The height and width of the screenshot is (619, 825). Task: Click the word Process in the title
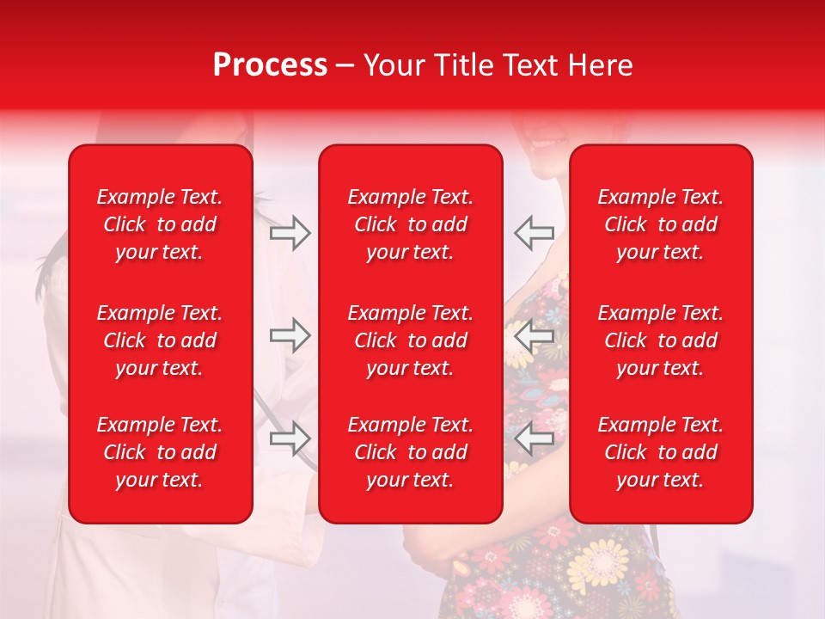coord(270,65)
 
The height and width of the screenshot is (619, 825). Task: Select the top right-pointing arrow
coord(290,233)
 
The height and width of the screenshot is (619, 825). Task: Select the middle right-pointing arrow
coord(290,335)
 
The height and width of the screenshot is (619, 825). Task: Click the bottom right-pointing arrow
coord(290,438)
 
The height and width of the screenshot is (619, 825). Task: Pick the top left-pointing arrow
coord(534,233)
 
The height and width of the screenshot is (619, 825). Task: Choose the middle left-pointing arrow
coord(534,335)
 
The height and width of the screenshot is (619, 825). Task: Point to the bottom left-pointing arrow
coord(534,438)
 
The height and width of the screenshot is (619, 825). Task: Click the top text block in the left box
coord(160,224)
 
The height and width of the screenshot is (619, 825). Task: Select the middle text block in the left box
coord(160,340)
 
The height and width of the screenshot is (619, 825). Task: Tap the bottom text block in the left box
coord(160,452)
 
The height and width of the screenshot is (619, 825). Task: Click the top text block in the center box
coord(410,224)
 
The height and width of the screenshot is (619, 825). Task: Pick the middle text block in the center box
coord(410,340)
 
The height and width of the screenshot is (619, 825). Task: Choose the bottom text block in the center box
coord(410,452)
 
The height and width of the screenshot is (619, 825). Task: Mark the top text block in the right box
coord(660,224)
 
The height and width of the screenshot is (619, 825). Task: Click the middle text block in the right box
coord(660,340)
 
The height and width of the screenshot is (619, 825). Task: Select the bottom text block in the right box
coord(660,452)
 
